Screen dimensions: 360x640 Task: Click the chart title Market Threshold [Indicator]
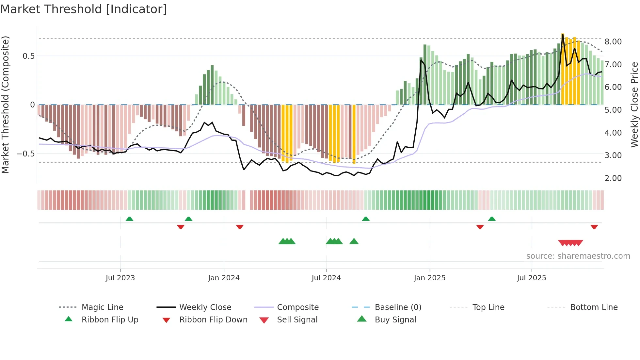pos(84,9)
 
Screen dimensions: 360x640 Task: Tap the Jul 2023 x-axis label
pos(120,278)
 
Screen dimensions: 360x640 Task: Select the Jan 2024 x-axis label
pos(224,278)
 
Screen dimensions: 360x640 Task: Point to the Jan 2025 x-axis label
pos(429,278)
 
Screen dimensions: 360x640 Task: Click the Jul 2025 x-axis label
pos(531,278)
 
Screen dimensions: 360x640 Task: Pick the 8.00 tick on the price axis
pos(613,42)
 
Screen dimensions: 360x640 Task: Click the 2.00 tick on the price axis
pos(613,178)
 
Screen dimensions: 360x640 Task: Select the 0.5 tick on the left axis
pos(28,56)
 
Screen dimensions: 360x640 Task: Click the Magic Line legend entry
pos(102,307)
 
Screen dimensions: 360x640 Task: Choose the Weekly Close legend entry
pos(205,307)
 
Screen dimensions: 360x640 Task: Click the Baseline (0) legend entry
pos(398,307)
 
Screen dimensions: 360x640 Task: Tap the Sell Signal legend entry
pos(297,320)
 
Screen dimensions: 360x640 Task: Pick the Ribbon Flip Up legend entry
pos(110,320)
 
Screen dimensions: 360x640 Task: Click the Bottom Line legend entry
pos(594,307)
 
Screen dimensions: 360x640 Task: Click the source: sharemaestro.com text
pos(578,256)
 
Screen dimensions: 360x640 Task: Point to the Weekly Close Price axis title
pos(634,105)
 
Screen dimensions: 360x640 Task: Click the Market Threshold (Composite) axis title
pos(5,105)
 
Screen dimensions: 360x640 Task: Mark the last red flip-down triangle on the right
pos(594,227)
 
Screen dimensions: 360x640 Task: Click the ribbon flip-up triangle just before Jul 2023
pos(129,219)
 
